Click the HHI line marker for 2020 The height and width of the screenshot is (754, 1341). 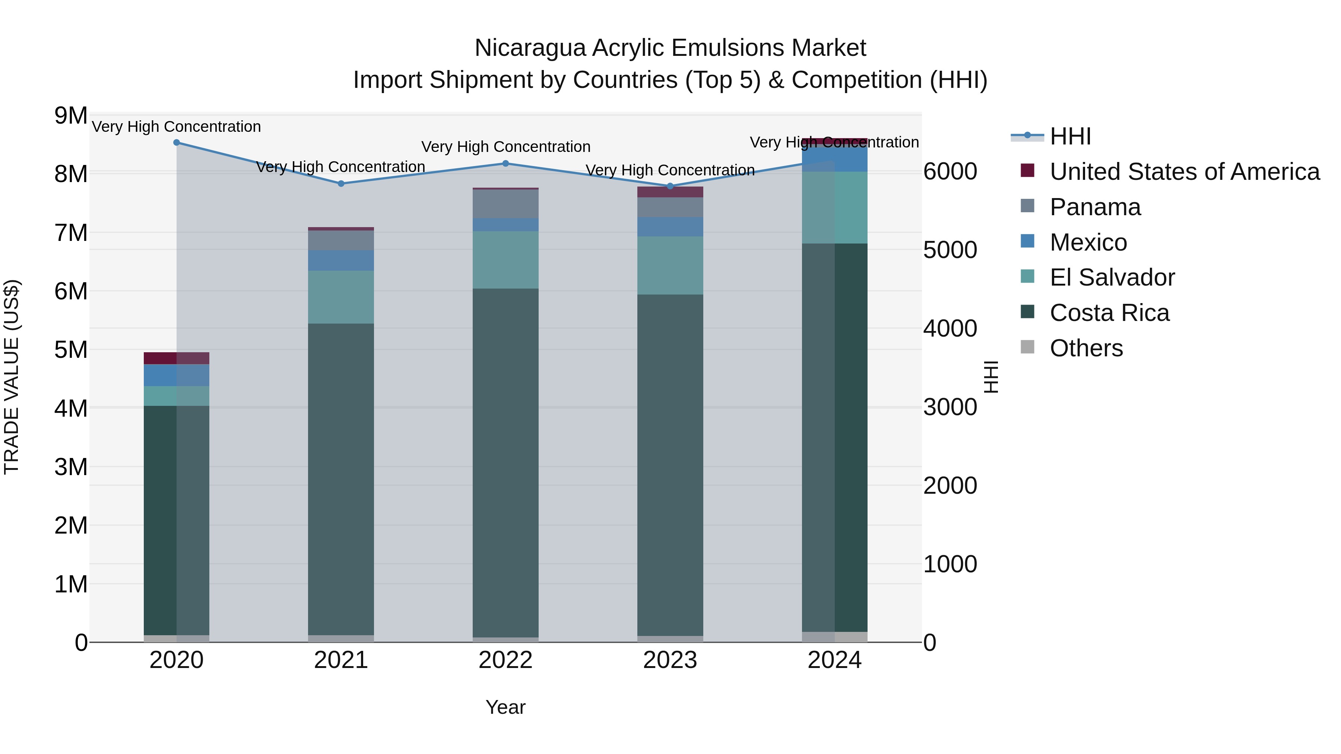pyautogui.click(x=177, y=143)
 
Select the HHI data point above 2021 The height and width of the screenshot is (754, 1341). pyautogui.click(x=341, y=184)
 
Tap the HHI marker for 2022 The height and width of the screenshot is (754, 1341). pyautogui.click(x=505, y=163)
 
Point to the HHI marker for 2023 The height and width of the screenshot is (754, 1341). pyautogui.click(x=670, y=186)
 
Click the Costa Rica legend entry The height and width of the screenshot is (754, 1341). pyautogui.click(x=1109, y=313)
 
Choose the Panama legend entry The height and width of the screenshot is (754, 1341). pyautogui.click(x=1095, y=207)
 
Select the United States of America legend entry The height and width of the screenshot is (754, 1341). pyautogui.click(x=1184, y=172)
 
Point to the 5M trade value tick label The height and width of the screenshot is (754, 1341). pyautogui.click(x=71, y=350)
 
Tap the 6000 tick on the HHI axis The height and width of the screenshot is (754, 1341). pyautogui.click(x=950, y=172)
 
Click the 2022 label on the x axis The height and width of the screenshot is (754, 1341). pyautogui.click(x=505, y=660)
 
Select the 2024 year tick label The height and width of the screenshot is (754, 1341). pyautogui.click(x=834, y=660)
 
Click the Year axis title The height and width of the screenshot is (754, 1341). pyautogui.click(x=505, y=707)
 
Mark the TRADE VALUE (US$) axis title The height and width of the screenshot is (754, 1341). pyautogui.click(x=12, y=377)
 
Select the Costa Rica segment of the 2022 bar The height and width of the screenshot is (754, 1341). pyautogui.click(x=505, y=463)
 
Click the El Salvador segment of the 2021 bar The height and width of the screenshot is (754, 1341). pyautogui.click(x=341, y=297)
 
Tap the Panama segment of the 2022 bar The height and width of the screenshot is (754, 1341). pyautogui.click(x=505, y=204)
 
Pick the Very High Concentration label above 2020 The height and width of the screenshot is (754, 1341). pyautogui.click(x=177, y=127)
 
